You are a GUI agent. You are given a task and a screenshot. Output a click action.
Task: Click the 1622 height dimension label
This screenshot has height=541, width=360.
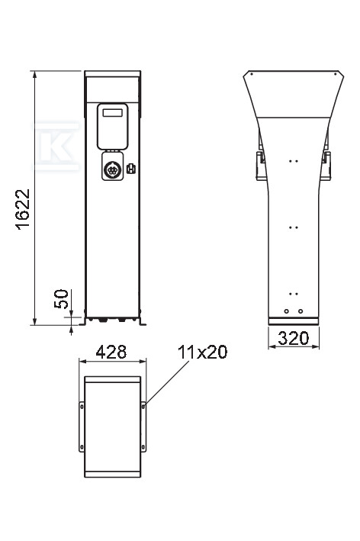click(23, 209)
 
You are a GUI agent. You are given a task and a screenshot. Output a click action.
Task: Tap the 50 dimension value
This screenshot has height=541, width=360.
click(61, 299)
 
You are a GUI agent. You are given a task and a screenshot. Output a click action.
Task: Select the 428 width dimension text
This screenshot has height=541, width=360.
click(111, 352)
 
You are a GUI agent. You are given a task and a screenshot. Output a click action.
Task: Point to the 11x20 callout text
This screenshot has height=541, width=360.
click(202, 352)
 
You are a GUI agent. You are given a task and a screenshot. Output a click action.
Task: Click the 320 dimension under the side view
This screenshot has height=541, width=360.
click(294, 339)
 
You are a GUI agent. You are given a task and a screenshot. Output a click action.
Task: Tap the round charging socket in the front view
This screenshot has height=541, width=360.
click(112, 169)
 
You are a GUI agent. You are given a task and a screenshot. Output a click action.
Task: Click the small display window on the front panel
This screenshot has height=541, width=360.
click(112, 113)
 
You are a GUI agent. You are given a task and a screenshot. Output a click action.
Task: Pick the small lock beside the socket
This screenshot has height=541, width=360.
click(131, 169)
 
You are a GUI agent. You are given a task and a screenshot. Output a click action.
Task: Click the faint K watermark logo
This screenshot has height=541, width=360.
click(56, 146)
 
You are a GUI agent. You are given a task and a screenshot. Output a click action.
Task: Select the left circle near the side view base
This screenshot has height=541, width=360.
click(287, 311)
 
